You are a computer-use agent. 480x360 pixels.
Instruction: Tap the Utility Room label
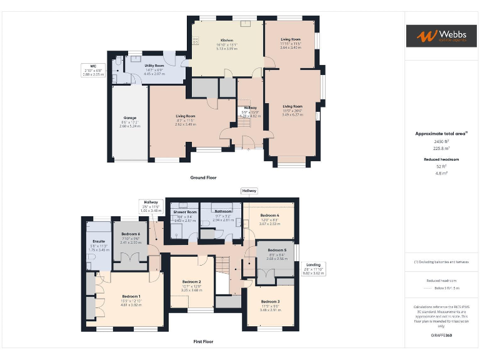coord(154,65)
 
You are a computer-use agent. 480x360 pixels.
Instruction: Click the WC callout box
coord(92,69)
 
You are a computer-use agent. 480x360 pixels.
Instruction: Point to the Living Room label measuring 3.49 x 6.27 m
coord(292,106)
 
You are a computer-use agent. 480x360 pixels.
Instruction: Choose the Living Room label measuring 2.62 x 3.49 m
coord(185,116)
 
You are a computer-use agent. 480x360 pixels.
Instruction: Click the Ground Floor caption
coord(203,177)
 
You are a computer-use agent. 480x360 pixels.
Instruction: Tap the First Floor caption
coord(203,342)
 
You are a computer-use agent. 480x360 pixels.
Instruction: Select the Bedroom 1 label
coord(131,296)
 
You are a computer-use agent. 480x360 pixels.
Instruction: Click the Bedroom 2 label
coord(192,281)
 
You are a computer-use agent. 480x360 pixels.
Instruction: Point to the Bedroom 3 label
coord(270,302)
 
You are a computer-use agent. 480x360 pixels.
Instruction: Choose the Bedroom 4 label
coord(269,215)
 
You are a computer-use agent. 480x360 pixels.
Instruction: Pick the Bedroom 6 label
coord(131,234)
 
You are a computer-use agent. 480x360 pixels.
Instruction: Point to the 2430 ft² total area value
coord(441,142)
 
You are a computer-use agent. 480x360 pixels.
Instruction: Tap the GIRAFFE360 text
coord(441,336)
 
